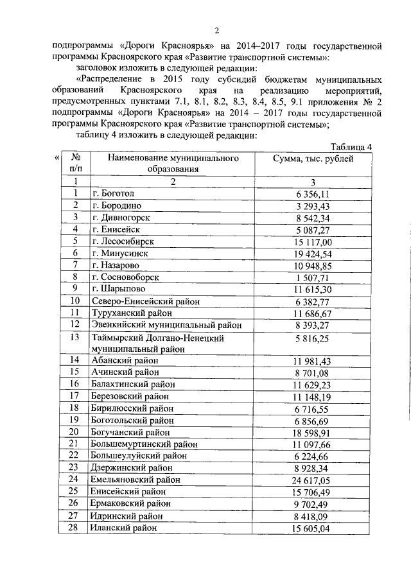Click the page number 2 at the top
point(216,30)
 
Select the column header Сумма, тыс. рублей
point(313,159)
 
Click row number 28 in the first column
point(75,527)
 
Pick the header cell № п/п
point(75,164)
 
